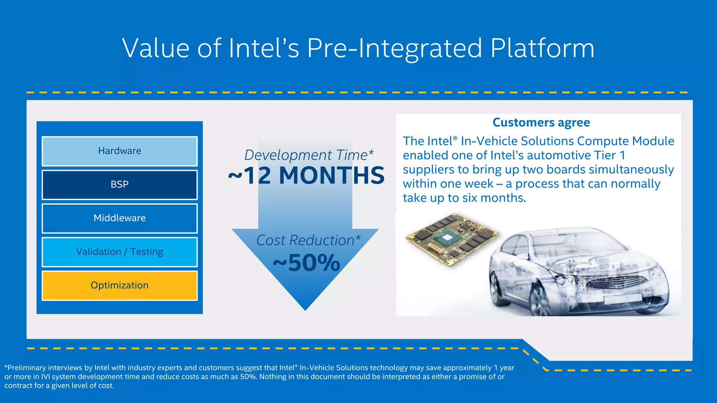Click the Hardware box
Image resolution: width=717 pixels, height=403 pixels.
pyautogui.click(x=119, y=151)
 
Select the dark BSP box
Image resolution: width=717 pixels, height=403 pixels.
pyautogui.click(x=119, y=185)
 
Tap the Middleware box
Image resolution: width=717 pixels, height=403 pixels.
pyautogui.click(x=119, y=218)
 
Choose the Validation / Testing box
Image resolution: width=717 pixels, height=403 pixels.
pyautogui.click(x=119, y=252)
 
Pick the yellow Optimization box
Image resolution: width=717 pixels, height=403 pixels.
pyautogui.click(x=119, y=285)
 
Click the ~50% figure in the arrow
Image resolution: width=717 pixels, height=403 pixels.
pyautogui.click(x=306, y=263)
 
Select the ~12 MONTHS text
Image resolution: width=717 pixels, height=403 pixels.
pyautogui.click(x=306, y=175)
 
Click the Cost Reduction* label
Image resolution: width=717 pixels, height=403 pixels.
pyautogui.click(x=308, y=240)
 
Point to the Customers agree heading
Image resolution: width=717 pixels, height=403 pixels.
pyautogui.click(x=541, y=122)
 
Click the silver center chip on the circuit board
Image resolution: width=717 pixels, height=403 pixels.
pyautogui.click(x=447, y=238)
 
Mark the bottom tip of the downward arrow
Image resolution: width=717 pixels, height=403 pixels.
pyautogui.click(x=305, y=309)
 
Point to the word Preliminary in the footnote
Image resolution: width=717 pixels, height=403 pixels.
pyautogui.click(x=26, y=368)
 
